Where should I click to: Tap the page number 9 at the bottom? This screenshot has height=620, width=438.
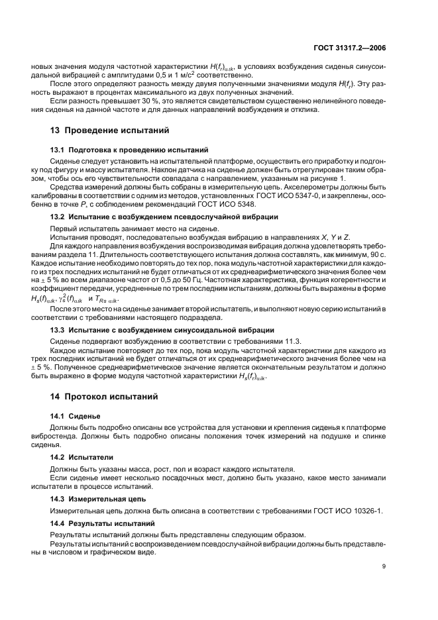pyautogui.click(x=384, y=566)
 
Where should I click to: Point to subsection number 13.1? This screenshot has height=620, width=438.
pyautogui.click(x=58, y=150)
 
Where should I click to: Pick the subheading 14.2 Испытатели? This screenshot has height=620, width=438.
pyautogui.click(x=82, y=457)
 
